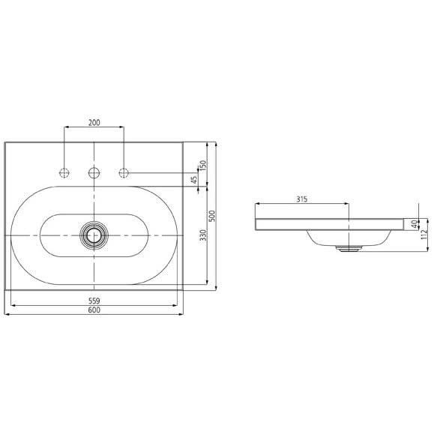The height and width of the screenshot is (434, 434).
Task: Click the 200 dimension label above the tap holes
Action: tap(94, 123)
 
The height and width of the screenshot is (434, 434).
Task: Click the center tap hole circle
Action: tap(94, 174)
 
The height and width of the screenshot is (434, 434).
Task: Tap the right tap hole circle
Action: tap(123, 174)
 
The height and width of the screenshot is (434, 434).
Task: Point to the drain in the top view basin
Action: tap(94, 235)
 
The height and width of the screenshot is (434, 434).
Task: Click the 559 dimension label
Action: tap(94, 301)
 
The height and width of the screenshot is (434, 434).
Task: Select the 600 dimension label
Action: tap(94, 310)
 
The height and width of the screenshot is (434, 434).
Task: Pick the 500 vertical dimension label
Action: tap(212, 216)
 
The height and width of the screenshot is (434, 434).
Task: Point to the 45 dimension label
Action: tap(194, 180)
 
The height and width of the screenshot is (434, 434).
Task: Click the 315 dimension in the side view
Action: tap(302, 199)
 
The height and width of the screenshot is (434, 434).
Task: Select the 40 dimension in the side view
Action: tap(415, 223)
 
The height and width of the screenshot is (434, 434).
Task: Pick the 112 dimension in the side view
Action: tap(424, 234)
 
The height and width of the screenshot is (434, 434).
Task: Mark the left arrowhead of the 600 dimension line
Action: tap(7, 314)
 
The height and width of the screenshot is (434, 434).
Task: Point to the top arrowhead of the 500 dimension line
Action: tap(217, 143)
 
